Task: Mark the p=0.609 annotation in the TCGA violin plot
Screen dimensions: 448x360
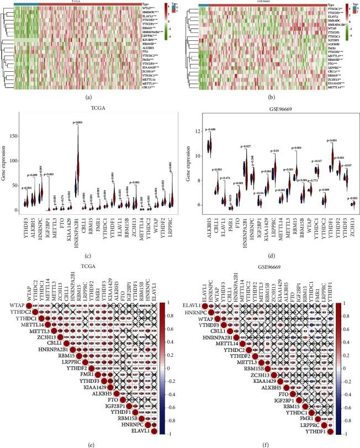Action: tap(34, 175)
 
